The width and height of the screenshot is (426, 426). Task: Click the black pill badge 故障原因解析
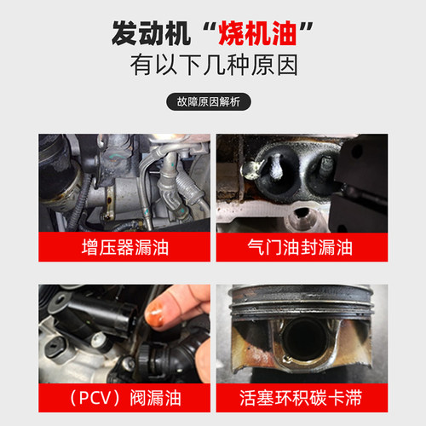pyautogui.click(x=213, y=103)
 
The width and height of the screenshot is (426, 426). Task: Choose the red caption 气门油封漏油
pyautogui.click(x=302, y=249)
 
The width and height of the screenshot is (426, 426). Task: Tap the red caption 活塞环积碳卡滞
pyautogui.click(x=302, y=398)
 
